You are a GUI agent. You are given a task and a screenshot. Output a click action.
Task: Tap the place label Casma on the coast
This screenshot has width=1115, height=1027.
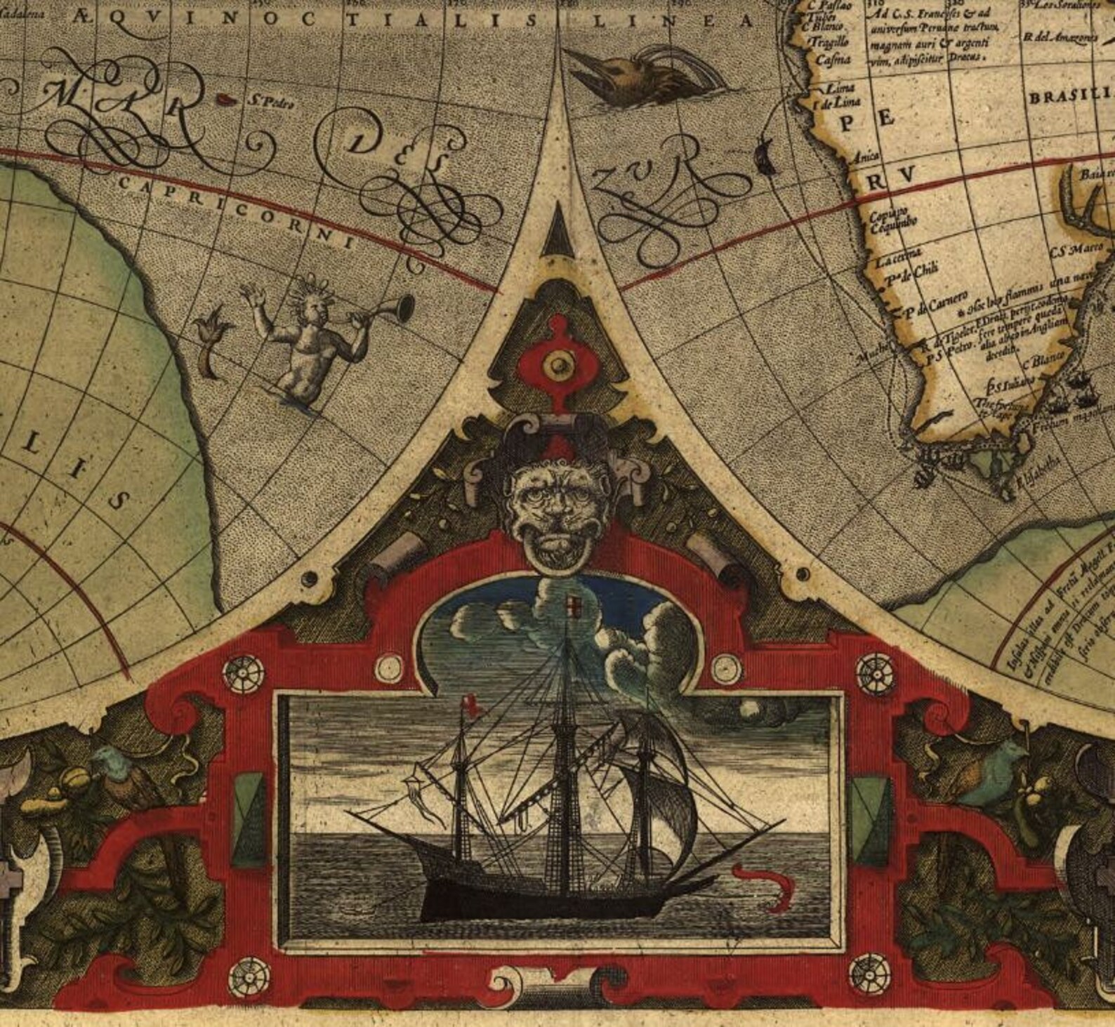[833, 60]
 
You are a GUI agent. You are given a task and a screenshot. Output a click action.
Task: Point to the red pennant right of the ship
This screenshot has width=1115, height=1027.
[762, 880]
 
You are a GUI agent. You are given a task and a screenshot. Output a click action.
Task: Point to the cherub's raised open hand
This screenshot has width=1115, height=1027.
[250, 291]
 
